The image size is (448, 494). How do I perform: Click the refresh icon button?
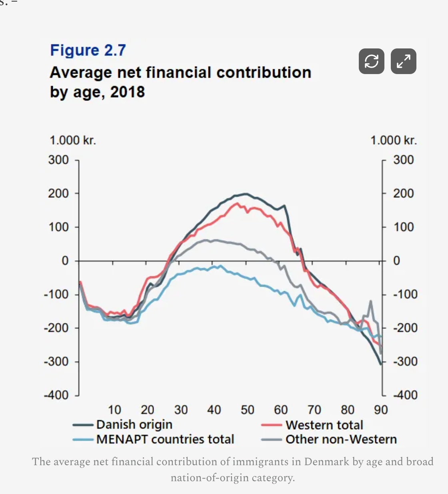(371, 61)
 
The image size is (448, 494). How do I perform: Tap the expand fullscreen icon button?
(403, 61)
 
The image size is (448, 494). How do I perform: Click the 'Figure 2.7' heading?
(88, 50)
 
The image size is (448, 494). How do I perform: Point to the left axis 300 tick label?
(58, 160)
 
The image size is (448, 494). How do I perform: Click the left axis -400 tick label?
(56, 395)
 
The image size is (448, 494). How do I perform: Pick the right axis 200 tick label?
(403, 193)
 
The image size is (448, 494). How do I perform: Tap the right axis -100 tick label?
(405, 294)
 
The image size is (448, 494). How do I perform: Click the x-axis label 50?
(247, 410)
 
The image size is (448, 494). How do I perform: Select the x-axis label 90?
(381, 410)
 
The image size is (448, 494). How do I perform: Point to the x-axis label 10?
(114, 410)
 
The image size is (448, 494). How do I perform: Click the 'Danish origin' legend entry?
(134, 424)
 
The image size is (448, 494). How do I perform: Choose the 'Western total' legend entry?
(324, 425)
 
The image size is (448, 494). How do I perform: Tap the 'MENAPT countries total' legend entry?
(165, 439)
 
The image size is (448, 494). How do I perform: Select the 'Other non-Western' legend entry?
(341, 439)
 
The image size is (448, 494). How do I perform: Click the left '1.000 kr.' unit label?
(73, 141)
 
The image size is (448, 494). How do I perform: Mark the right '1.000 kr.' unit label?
(393, 141)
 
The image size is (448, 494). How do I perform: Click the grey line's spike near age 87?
(371, 301)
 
